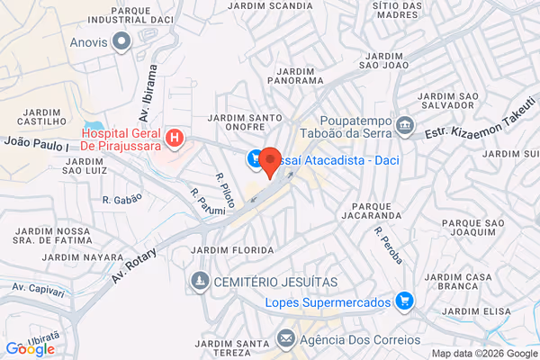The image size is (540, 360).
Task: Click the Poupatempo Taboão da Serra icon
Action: pyautogui.click(x=404, y=122)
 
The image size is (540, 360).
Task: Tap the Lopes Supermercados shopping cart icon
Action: pyautogui.click(x=404, y=301)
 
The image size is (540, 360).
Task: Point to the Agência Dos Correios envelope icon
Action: pyautogui.click(x=286, y=339)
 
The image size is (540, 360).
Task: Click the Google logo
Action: pyautogui.click(x=30, y=349)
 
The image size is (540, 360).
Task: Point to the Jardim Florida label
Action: pyautogui.click(x=233, y=249)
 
